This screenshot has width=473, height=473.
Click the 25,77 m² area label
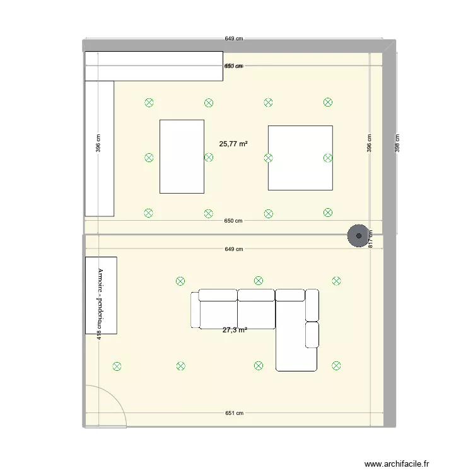(233, 144)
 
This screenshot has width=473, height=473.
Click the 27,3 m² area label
(234, 329)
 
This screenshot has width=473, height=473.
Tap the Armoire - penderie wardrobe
(101, 295)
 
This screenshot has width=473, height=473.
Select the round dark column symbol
(359, 236)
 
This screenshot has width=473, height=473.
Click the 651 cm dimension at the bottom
(234, 413)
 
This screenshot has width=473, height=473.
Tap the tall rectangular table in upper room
(182, 156)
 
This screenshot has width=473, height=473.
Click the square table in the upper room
(300, 158)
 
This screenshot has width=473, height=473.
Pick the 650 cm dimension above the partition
(234, 221)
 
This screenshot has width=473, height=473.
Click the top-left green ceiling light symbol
(149, 102)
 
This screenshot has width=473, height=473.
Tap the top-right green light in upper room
(327, 102)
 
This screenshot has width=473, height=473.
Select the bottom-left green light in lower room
(116, 366)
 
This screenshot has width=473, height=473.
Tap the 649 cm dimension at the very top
(234, 38)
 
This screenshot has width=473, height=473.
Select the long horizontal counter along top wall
(154, 66)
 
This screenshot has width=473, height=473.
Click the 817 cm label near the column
(371, 240)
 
